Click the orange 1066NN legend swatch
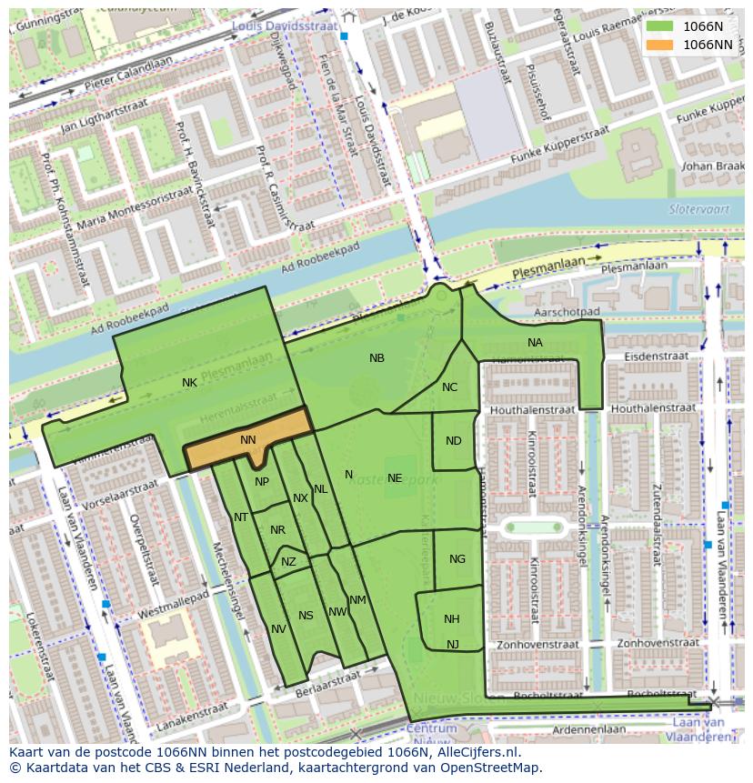tap(659, 45)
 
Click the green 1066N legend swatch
tap(659, 26)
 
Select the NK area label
tap(189, 383)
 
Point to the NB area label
tap(376, 358)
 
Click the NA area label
tap(535, 343)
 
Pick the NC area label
tap(449, 387)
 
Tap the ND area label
tap(454, 441)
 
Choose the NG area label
tap(457, 559)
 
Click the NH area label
tap(452, 619)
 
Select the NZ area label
tap(288, 562)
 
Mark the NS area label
tap(306, 616)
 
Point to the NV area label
tap(278, 629)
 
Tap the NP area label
tap(262, 482)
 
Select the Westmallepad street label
tap(173, 606)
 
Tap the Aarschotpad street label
tap(567, 311)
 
